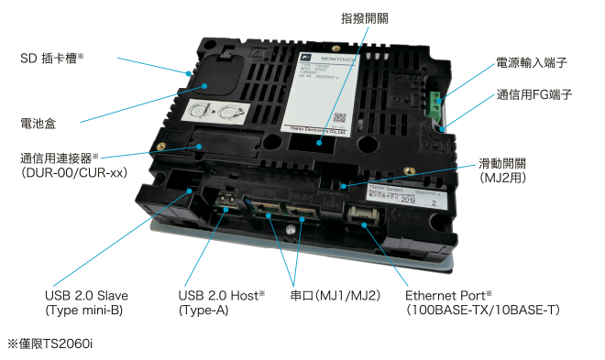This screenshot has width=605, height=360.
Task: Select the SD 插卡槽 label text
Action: click(x=52, y=58)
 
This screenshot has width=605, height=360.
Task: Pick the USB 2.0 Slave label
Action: click(x=86, y=296)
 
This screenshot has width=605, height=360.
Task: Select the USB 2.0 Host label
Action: click(x=221, y=296)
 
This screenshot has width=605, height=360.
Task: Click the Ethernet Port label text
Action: click(x=455, y=296)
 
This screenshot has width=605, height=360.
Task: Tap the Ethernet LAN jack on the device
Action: click(x=362, y=218)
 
